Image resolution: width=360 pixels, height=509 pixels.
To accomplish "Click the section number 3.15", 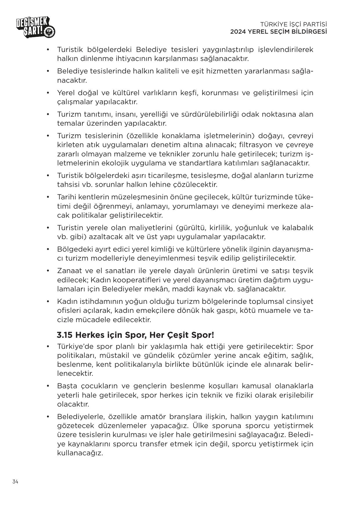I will (x=65, y=335).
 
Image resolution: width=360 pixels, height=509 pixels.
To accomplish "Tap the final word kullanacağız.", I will (x=80, y=453).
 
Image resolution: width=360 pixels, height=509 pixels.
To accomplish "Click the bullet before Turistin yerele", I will (x=48, y=228).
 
